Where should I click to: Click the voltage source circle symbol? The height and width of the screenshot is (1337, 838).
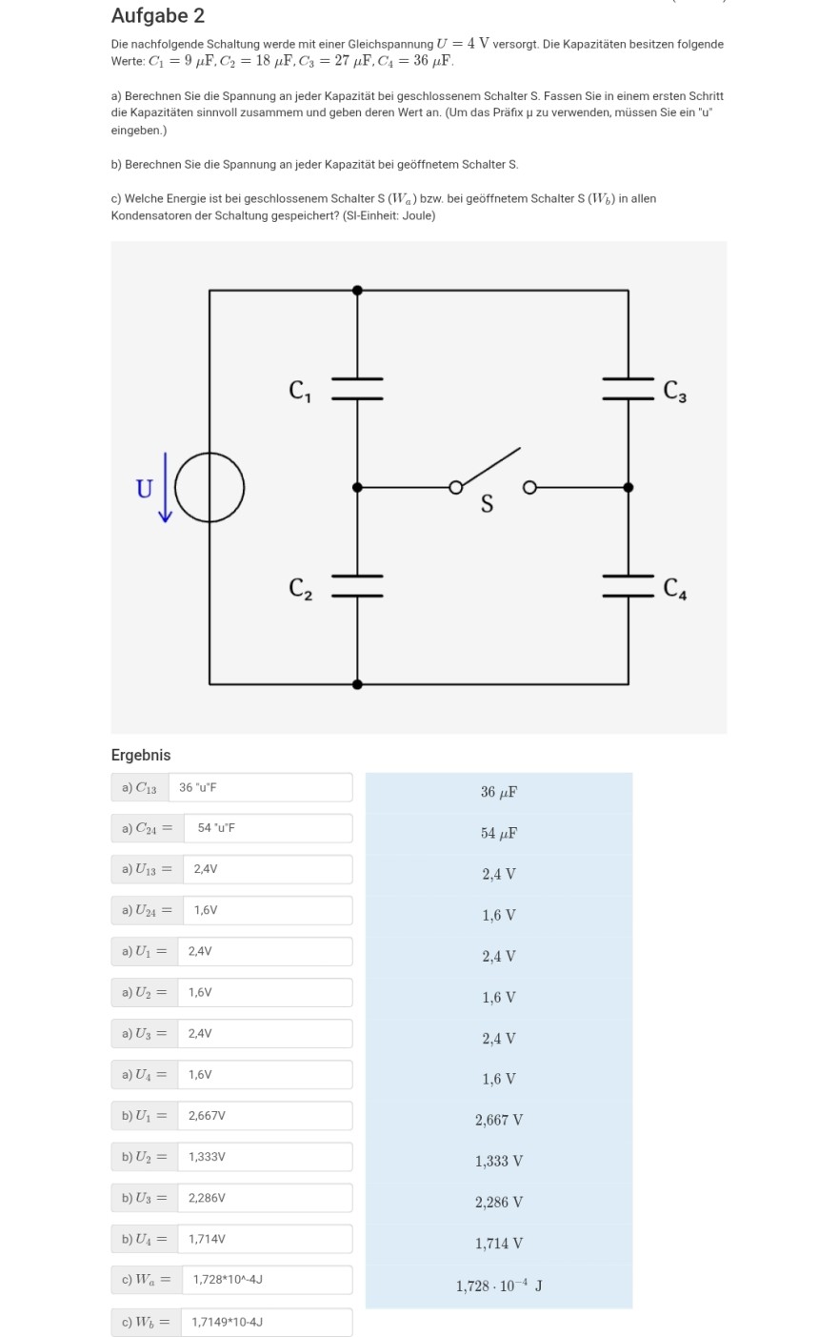pos(209,488)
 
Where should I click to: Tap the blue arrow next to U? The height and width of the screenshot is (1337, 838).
pos(166,488)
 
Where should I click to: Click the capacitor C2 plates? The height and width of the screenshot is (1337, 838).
pos(357,586)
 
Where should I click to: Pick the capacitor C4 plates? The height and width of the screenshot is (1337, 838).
pos(628,586)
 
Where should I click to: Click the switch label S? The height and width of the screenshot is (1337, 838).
pos(487,505)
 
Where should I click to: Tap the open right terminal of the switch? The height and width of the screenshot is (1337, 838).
pos(529,488)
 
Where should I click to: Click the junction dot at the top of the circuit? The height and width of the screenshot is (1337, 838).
pos(357,291)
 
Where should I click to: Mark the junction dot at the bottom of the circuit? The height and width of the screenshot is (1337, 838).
pos(357,684)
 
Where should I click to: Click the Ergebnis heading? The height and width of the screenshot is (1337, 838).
pos(141,755)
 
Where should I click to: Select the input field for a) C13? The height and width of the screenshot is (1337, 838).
pos(260,787)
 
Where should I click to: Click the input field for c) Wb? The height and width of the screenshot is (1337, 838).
pos(266,1322)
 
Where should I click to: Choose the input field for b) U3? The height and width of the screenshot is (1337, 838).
pos(266,1198)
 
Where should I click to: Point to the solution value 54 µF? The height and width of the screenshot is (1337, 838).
pos(499,834)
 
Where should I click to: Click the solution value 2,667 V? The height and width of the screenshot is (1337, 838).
pos(499,1121)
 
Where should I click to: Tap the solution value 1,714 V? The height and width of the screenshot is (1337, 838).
pos(499,1244)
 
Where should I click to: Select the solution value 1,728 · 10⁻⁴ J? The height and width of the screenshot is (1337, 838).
pos(499,1286)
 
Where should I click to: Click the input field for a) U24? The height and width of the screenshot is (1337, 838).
pos(266,910)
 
